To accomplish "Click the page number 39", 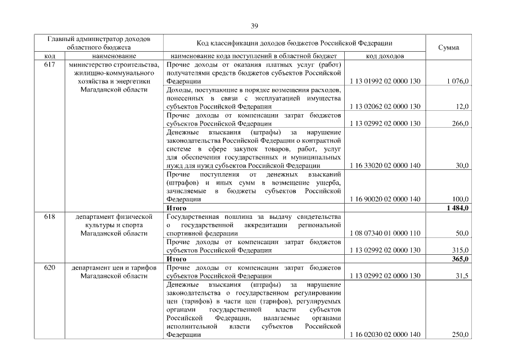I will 254,25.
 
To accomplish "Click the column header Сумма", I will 448,48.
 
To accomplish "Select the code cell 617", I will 49,65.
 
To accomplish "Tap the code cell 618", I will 49,216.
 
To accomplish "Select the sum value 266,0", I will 461,123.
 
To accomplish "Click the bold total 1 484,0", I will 458,208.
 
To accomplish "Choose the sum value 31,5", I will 462,276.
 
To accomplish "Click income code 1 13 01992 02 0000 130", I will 385,82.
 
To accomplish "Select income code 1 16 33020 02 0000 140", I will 385,165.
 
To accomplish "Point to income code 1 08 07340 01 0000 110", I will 385,233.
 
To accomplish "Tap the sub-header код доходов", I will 385,56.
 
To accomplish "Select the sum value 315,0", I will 461,250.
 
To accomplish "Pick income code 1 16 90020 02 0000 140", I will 385,199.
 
